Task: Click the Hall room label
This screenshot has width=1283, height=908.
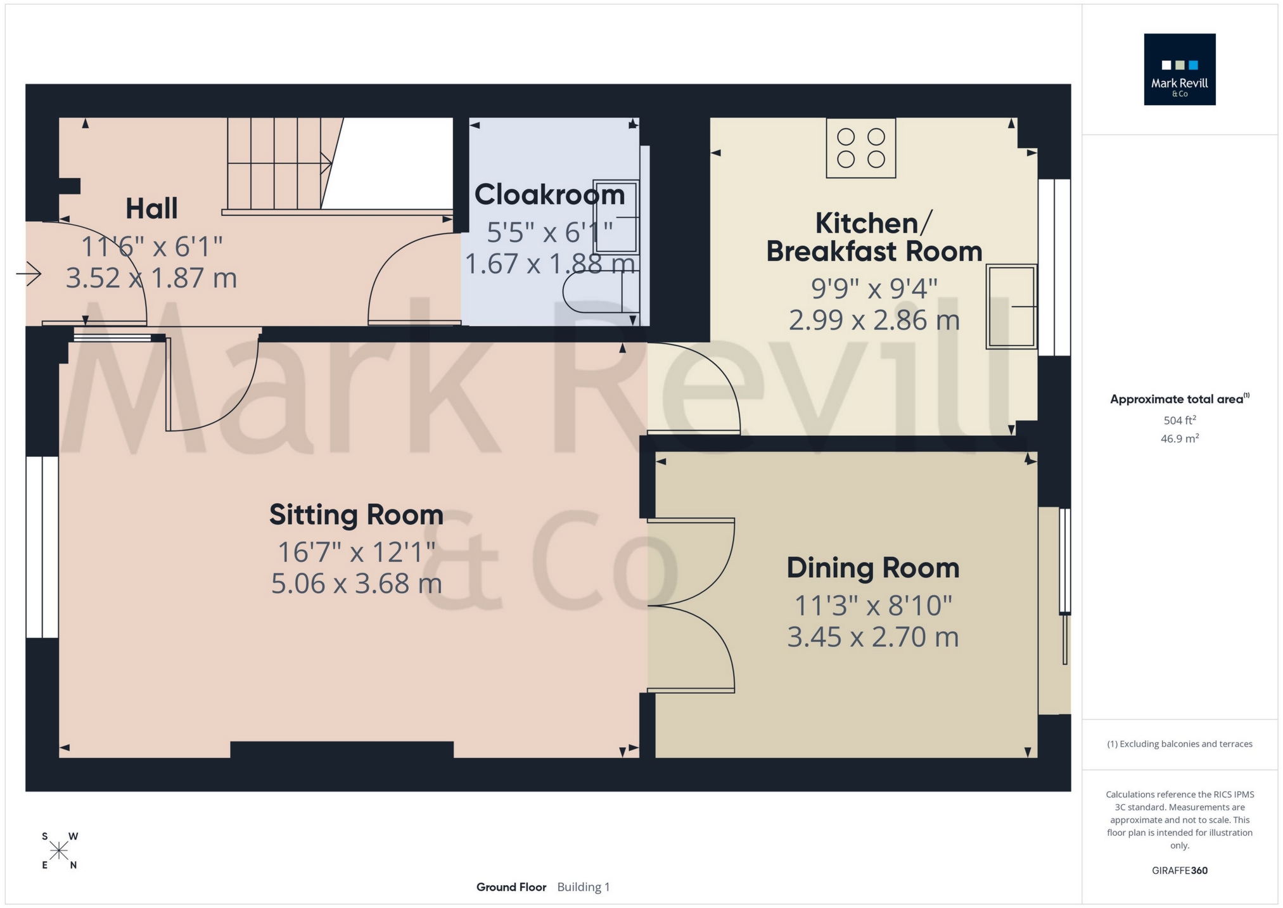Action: pyautogui.click(x=151, y=208)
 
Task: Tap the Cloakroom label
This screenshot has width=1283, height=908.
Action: pyautogui.click(x=549, y=195)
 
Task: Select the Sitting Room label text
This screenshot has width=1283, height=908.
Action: pyautogui.click(x=356, y=515)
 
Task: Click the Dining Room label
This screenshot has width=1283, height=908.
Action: pyautogui.click(x=872, y=568)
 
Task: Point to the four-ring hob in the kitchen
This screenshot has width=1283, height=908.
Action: pyautogui.click(x=860, y=148)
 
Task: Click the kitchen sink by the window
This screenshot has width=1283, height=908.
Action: pyautogui.click(x=1011, y=307)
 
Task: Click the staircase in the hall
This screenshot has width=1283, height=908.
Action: pyautogui.click(x=279, y=163)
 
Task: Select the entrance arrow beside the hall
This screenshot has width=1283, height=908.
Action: pyautogui.click(x=29, y=274)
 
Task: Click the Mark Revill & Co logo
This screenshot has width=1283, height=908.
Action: pyautogui.click(x=1179, y=70)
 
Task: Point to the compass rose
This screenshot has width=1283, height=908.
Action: pyautogui.click(x=59, y=851)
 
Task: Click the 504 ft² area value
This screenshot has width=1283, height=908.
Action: pyautogui.click(x=1179, y=421)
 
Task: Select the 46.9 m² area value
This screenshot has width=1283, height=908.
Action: pyautogui.click(x=1179, y=438)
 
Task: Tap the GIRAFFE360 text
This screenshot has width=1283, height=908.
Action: pyautogui.click(x=1179, y=871)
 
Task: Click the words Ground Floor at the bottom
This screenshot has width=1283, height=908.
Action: pyautogui.click(x=511, y=887)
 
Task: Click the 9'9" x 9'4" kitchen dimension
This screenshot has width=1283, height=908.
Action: pyautogui.click(x=874, y=289)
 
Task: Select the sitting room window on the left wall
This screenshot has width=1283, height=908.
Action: pyautogui.click(x=42, y=547)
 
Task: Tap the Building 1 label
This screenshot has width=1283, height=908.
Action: pyautogui.click(x=583, y=887)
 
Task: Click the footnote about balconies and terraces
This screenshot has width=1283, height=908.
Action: pyautogui.click(x=1179, y=744)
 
